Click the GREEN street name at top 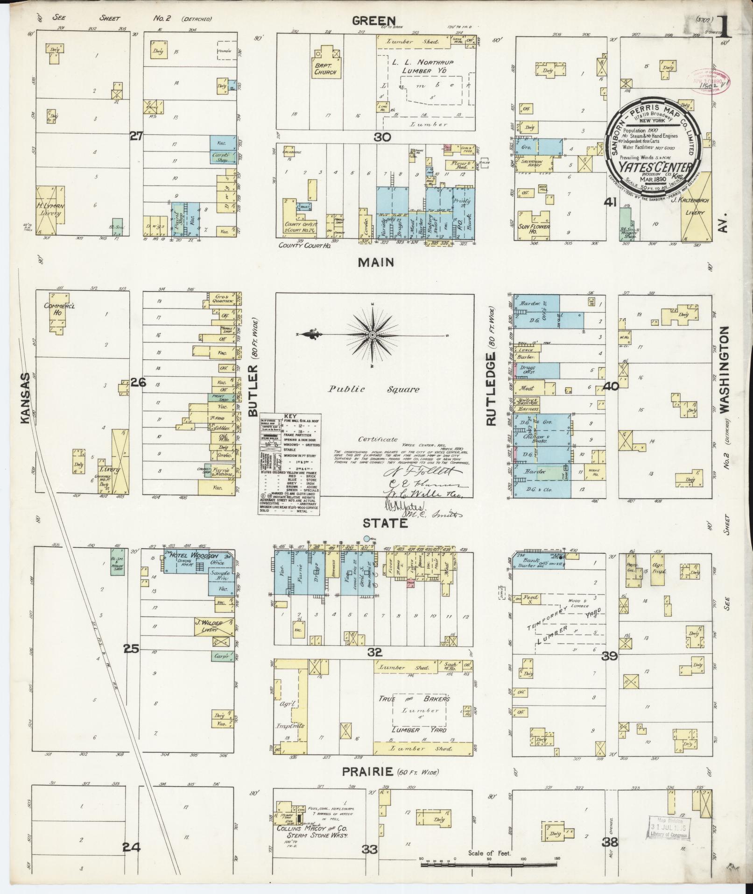[x=374, y=21]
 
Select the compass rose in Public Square [x=373, y=335]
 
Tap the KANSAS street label [x=26, y=398]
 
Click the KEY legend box [x=289, y=465]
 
